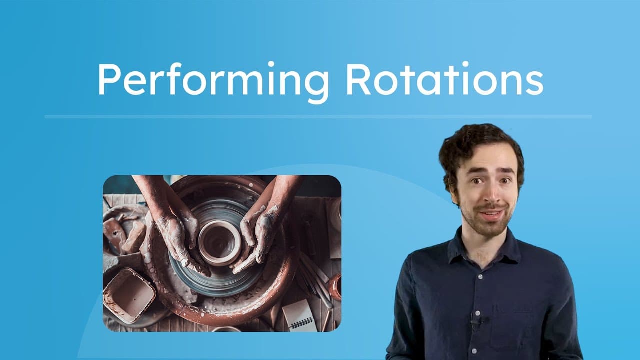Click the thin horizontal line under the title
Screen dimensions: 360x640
click(318, 117)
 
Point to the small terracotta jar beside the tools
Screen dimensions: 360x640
click(335, 287)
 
